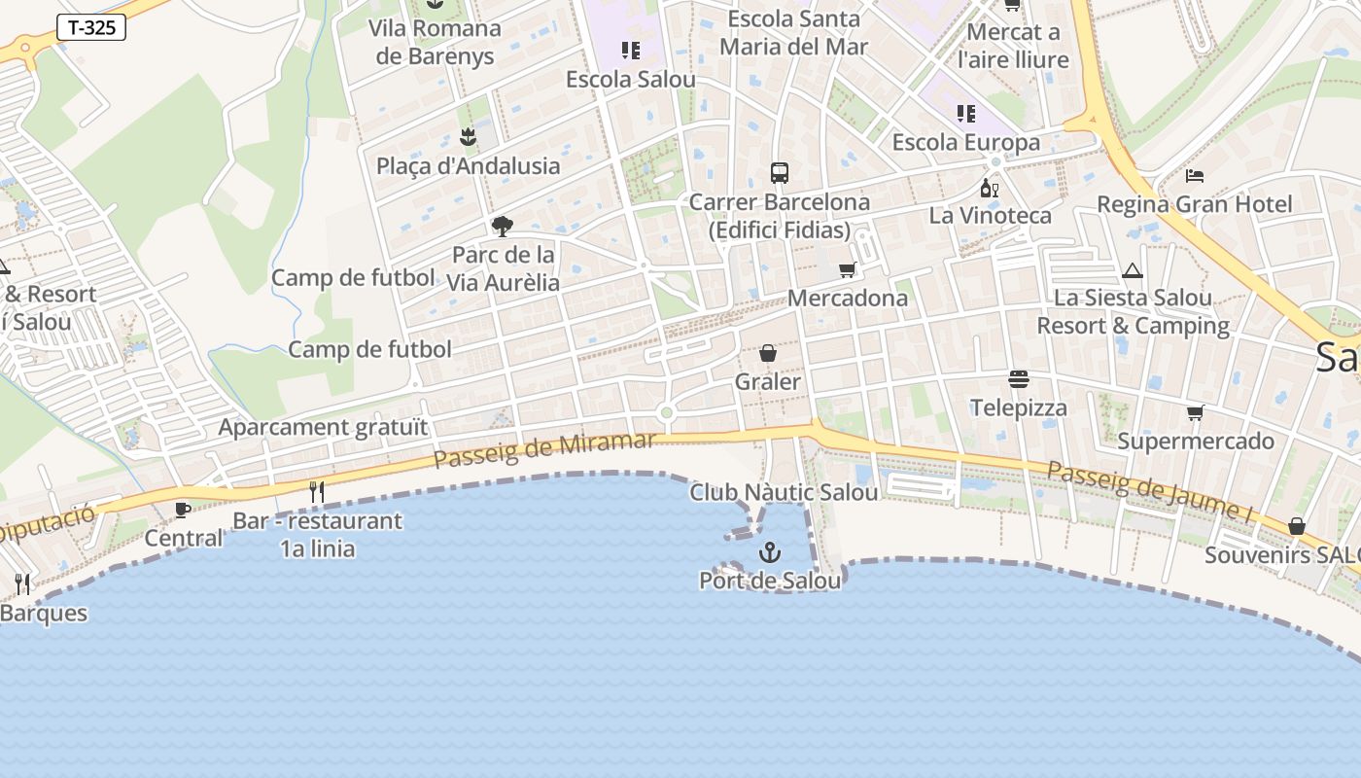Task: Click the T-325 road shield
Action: tap(91, 27)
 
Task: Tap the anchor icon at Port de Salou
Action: tap(770, 553)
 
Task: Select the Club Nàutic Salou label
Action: tap(784, 492)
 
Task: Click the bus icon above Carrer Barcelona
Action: tap(779, 173)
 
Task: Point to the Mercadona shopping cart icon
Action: tap(847, 270)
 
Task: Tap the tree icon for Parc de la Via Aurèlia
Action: tap(503, 227)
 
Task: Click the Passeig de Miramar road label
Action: tap(544, 449)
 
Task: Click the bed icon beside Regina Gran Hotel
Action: tap(1195, 176)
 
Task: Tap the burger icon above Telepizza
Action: tap(1019, 378)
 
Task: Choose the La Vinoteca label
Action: tap(990, 215)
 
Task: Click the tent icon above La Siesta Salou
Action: tap(1132, 270)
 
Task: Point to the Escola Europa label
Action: tap(965, 142)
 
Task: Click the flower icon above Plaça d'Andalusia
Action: tap(468, 136)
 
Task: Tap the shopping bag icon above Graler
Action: tap(768, 353)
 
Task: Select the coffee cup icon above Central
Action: tap(182, 509)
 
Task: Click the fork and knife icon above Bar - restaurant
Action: tap(316, 492)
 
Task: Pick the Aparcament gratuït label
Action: tap(323, 427)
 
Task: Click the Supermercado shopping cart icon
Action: tap(1195, 412)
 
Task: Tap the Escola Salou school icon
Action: tap(631, 50)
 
